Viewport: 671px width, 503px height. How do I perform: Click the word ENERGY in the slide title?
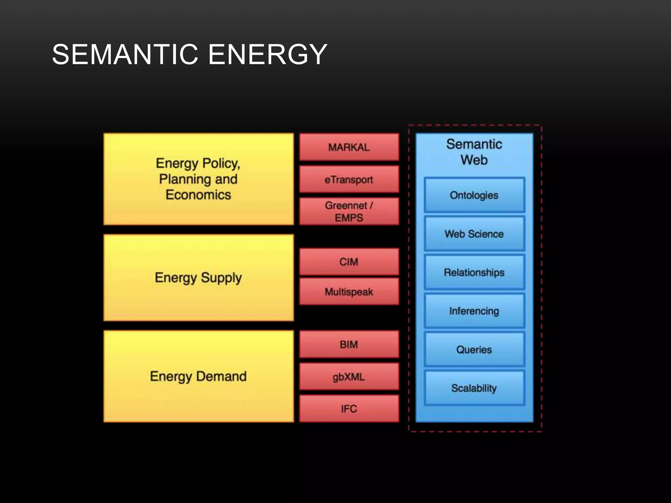[x=268, y=54]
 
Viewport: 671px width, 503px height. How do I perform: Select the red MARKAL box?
[x=349, y=147]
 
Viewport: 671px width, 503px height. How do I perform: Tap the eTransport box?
[x=349, y=179]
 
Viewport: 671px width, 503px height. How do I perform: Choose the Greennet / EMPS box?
[x=349, y=211]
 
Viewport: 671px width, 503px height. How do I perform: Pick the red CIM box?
[x=349, y=262]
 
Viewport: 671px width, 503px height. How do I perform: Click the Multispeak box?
[x=349, y=291]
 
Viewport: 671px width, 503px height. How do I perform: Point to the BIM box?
[x=349, y=344]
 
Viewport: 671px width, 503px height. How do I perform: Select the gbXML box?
[x=349, y=377]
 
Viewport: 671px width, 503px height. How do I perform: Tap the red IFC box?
[x=349, y=408]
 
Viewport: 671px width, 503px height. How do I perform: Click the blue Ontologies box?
[x=474, y=195]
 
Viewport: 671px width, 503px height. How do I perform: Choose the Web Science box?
[x=474, y=234]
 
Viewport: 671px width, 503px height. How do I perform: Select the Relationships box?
[x=474, y=272]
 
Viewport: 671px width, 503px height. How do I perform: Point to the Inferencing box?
[x=474, y=311]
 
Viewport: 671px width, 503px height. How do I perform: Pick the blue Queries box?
[x=474, y=349]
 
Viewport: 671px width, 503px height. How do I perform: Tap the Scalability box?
[x=474, y=388]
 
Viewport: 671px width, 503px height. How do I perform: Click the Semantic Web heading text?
[x=474, y=152]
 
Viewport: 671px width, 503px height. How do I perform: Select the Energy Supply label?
[x=198, y=278]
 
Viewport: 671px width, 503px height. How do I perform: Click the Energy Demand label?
[x=198, y=376]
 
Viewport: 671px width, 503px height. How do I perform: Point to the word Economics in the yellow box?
[x=198, y=195]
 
